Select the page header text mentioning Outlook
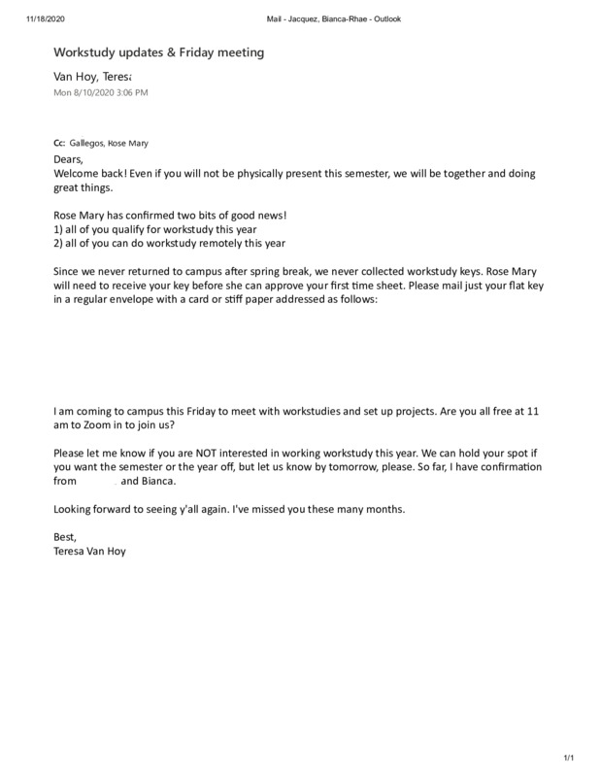pos(333,18)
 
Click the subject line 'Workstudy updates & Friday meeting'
pos(158,52)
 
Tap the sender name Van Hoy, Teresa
pos(92,76)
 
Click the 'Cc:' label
pos(59,143)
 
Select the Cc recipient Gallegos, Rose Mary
pos(109,143)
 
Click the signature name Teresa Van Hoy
pos(91,552)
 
